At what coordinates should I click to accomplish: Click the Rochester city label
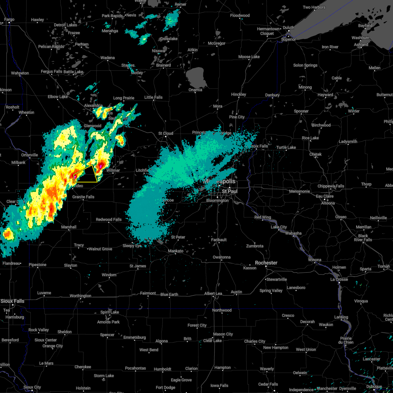point(266,263)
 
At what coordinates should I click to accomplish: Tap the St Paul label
point(230,191)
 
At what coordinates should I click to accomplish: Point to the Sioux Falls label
point(12,301)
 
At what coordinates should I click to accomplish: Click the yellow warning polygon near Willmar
point(86,174)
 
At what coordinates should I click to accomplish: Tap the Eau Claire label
point(325,196)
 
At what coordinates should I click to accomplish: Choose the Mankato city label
point(176,251)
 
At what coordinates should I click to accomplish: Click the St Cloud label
point(166,133)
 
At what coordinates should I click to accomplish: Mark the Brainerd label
point(163,65)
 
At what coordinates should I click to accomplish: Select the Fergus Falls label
point(51,71)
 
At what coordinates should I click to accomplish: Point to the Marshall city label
point(69,227)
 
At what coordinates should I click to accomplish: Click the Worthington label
point(80,296)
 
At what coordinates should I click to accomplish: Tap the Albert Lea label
point(213,293)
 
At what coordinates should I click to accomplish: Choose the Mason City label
point(223,334)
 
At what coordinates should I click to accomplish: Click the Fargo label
point(9,19)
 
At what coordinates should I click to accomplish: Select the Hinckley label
point(238,94)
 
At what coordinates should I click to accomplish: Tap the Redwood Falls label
point(108,219)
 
